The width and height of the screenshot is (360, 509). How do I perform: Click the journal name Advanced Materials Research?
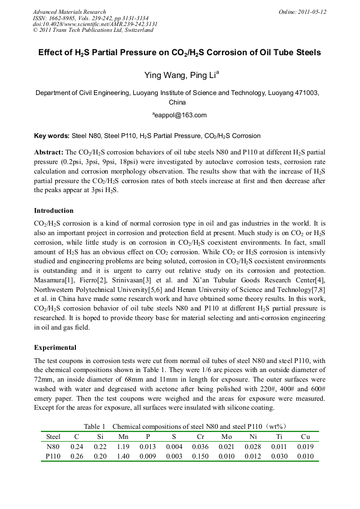[x=69, y=12]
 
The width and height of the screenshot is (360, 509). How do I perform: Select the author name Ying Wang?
[x=163, y=75]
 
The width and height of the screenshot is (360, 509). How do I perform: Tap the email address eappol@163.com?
[x=180, y=115]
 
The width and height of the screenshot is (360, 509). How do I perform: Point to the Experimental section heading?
[x=55, y=348]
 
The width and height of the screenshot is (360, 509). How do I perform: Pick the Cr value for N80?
[x=201, y=446]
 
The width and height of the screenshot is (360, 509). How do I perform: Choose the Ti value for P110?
[x=279, y=456]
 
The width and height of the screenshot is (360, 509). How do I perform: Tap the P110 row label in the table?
[x=54, y=456]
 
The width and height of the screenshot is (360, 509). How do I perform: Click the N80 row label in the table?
[x=54, y=446]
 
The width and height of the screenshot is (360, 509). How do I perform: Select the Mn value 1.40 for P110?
[x=123, y=456]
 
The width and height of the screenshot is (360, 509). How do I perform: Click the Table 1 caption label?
[x=95, y=426]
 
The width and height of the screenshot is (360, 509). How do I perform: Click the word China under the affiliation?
[x=177, y=102]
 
